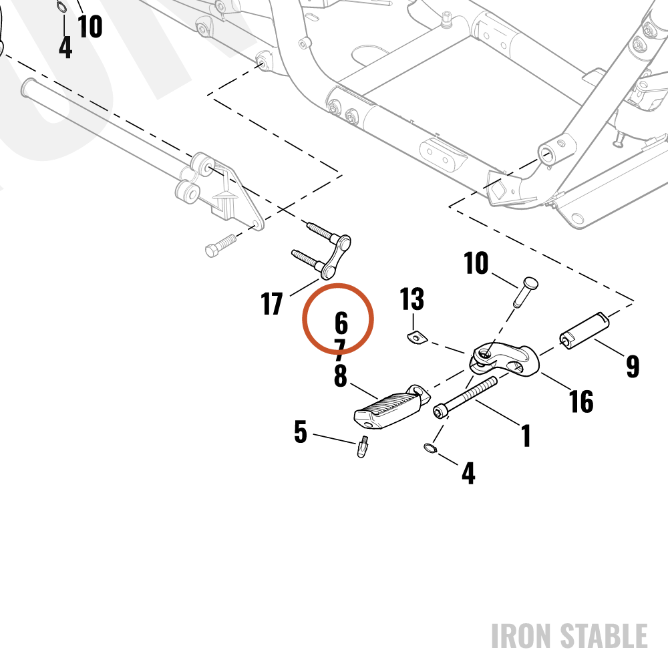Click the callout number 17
click(x=272, y=304)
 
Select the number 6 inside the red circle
click(x=341, y=323)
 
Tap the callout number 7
click(x=339, y=349)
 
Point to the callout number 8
click(x=341, y=375)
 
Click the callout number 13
click(x=412, y=299)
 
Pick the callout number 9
click(x=633, y=366)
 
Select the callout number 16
click(x=581, y=401)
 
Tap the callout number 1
click(x=526, y=436)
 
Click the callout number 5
click(x=301, y=432)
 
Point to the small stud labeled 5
click(x=363, y=446)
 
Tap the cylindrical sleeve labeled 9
click(x=584, y=331)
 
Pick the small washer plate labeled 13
click(x=416, y=337)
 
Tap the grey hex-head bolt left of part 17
click(x=220, y=246)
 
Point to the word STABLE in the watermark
click(x=604, y=636)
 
